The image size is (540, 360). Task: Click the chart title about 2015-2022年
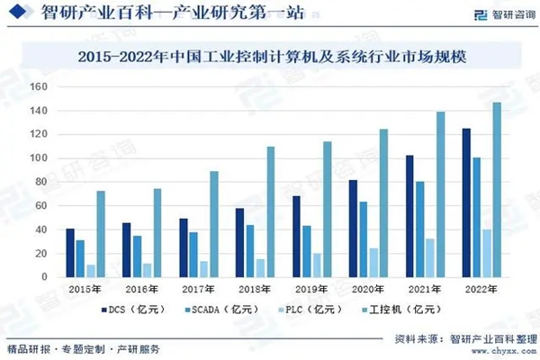click(270, 56)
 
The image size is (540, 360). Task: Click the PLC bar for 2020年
click(373, 263)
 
